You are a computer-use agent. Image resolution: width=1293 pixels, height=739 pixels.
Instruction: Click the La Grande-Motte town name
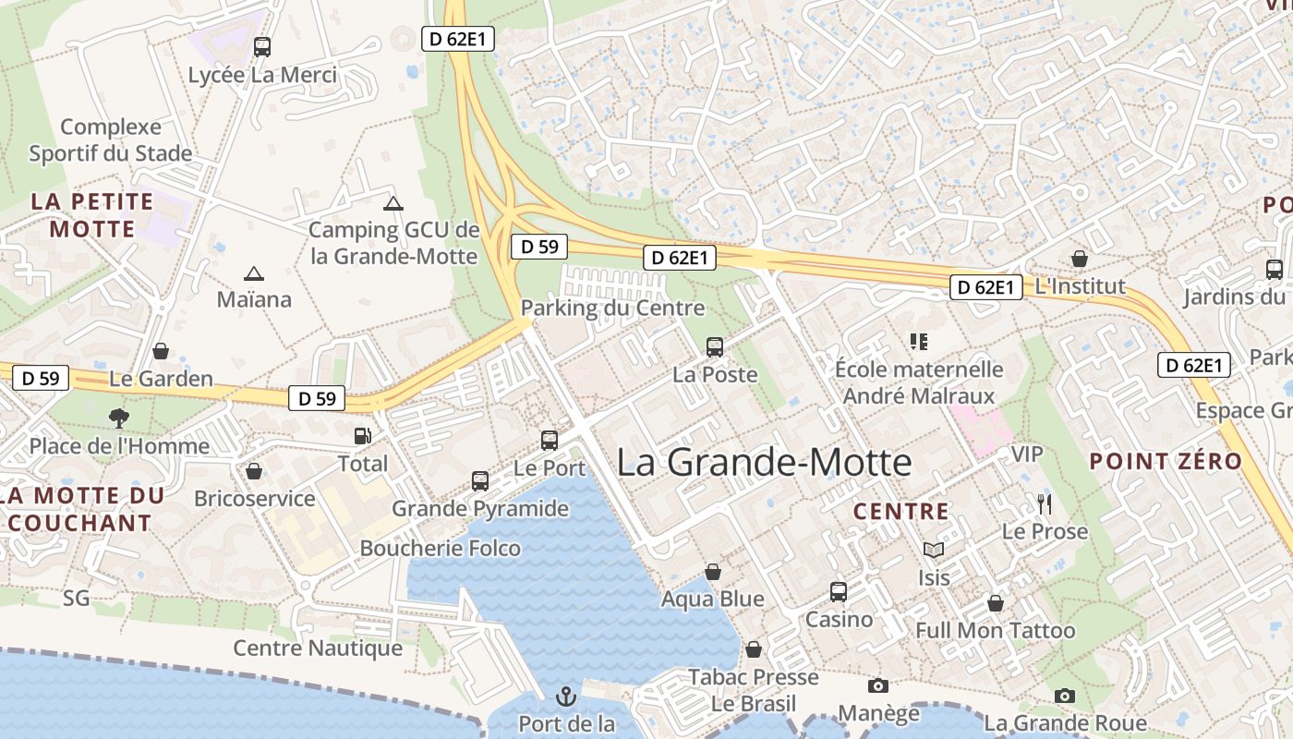pyautogui.click(x=764, y=462)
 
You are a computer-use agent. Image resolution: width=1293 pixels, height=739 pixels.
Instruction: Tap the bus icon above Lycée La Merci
pyautogui.click(x=262, y=46)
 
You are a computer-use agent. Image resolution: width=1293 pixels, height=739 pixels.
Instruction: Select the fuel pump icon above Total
pyautogui.click(x=362, y=435)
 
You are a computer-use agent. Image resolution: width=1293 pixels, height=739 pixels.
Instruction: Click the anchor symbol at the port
pyautogui.click(x=565, y=696)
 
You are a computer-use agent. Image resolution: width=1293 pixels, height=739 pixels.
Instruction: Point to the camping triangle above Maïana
pyautogui.click(x=253, y=273)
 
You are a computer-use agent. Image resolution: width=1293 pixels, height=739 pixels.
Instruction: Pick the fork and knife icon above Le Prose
pyautogui.click(x=1045, y=504)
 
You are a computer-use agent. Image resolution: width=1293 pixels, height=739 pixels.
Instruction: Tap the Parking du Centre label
pyautogui.click(x=612, y=308)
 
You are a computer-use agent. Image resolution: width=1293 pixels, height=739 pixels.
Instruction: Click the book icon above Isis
pyautogui.click(x=934, y=551)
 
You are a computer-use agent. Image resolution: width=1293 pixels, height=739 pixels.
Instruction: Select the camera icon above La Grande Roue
pyautogui.click(x=1065, y=696)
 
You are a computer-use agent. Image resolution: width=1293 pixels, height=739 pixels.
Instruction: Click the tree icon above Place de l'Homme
pyautogui.click(x=118, y=418)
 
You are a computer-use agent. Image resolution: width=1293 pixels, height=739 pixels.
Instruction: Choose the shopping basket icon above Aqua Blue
pyautogui.click(x=712, y=573)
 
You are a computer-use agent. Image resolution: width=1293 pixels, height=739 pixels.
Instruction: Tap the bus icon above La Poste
pyautogui.click(x=715, y=347)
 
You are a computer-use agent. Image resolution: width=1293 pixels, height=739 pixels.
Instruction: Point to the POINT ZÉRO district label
pyautogui.click(x=1166, y=461)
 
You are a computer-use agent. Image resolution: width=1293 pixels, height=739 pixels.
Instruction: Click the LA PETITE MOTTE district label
pyautogui.click(x=92, y=214)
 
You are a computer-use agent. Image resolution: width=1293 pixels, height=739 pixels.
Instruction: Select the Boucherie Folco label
pyautogui.click(x=440, y=548)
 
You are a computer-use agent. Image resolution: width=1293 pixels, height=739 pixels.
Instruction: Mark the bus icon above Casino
pyautogui.click(x=839, y=592)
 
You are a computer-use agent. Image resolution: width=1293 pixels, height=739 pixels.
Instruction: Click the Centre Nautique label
pyautogui.click(x=318, y=648)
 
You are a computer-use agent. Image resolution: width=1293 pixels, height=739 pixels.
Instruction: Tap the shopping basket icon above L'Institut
pyautogui.click(x=1079, y=260)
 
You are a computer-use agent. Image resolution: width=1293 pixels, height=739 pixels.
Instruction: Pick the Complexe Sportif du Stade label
pyautogui.click(x=111, y=139)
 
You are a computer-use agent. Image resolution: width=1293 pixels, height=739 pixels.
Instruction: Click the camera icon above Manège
pyautogui.click(x=877, y=685)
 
